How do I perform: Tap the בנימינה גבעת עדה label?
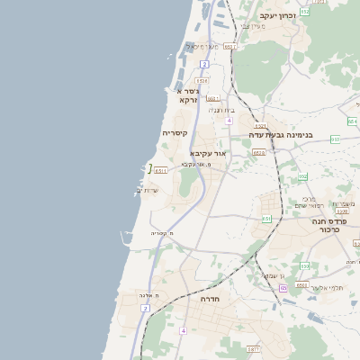tap(281, 135)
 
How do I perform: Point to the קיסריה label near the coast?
tap(175, 133)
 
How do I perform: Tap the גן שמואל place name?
tap(271, 274)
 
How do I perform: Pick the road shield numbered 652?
tap(305, 12)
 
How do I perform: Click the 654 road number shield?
tap(351, 121)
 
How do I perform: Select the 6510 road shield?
tap(259, 153)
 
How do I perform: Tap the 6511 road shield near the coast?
tap(161, 169)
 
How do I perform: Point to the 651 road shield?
tap(266, 219)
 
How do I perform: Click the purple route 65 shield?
tap(283, 288)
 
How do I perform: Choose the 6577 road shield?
tap(253, 348)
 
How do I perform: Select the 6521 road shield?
tap(260, 126)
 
